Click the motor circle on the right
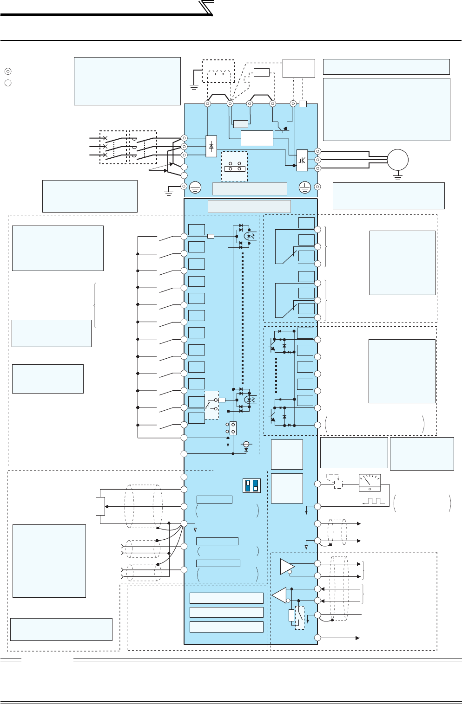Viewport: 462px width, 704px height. tap(397, 160)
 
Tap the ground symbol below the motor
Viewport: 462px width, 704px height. tap(397, 176)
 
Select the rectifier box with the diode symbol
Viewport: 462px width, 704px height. tap(211, 147)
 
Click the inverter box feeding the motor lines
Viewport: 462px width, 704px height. tap(302, 159)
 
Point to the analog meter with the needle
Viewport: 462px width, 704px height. tap(370, 483)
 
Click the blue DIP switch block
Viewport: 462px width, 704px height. tap(251, 485)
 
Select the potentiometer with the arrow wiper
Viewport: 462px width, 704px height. tap(100, 506)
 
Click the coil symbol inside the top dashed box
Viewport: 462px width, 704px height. tap(218, 75)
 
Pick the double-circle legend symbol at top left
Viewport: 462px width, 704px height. tap(8, 71)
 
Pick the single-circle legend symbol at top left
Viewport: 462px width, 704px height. tap(8, 83)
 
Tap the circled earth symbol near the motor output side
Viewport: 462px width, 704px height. tap(304, 187)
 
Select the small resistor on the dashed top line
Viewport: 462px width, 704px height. tap(261, 72)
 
